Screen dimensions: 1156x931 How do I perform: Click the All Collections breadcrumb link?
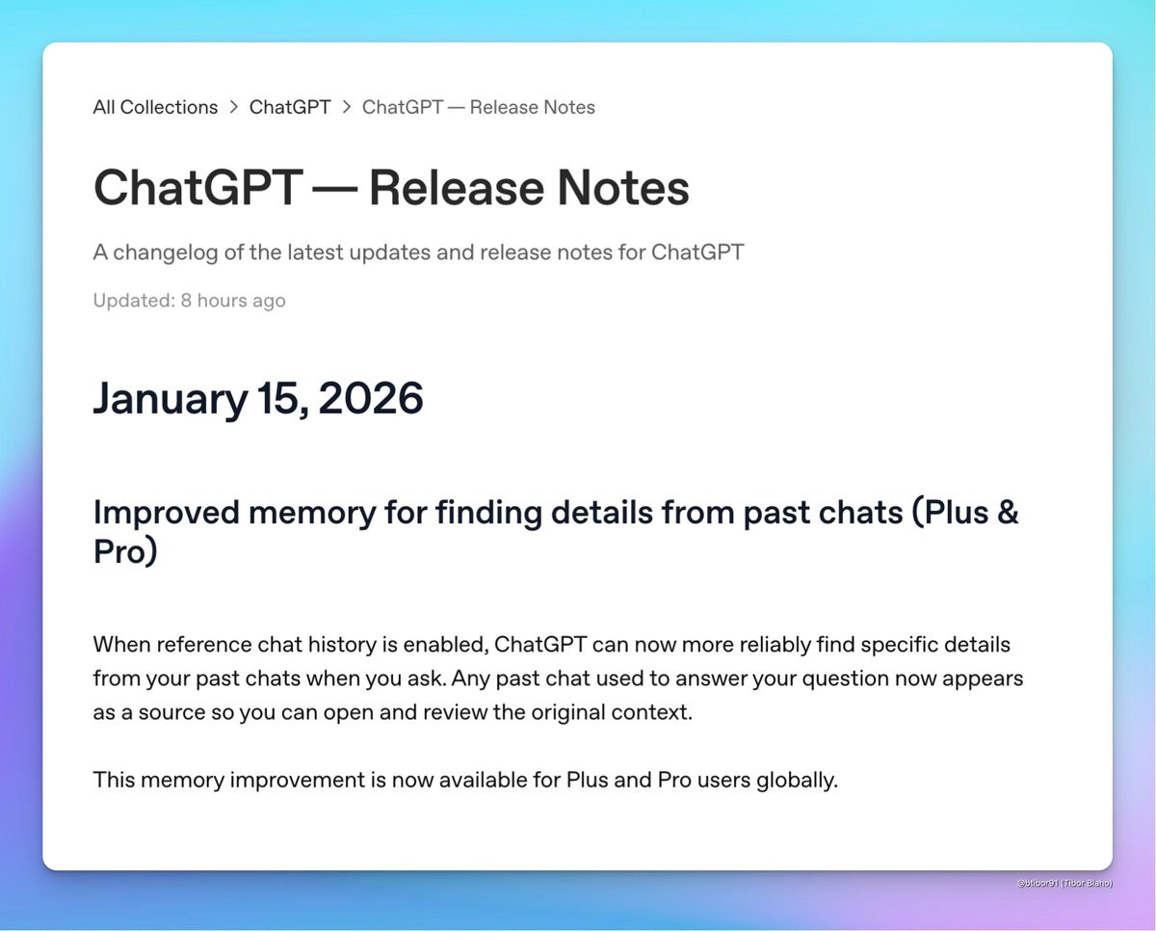click(x=155, y=108)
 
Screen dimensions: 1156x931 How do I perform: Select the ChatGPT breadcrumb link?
click(x=290, y=108)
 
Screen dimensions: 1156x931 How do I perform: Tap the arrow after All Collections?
click(x=234, y=108)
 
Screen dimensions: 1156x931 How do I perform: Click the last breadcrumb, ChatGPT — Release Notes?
click(x=479, y=108)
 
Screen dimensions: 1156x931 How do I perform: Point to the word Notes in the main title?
click(x=623, y=188)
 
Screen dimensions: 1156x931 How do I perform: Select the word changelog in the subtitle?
click(x=166, y=253)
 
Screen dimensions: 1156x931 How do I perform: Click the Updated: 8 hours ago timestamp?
click(x=189, y=300)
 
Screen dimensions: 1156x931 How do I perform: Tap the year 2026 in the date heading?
click(x=371, y=398)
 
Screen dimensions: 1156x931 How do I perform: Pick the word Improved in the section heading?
click(x=167, y=514)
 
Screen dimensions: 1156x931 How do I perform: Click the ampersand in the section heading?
click(x=1008, y=512)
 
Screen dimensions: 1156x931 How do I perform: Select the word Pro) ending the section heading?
click(x=125, y=551)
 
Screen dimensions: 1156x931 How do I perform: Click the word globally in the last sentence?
click(x=798, y=781)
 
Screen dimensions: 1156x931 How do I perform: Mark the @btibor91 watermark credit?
click(x=1064, y=883)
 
